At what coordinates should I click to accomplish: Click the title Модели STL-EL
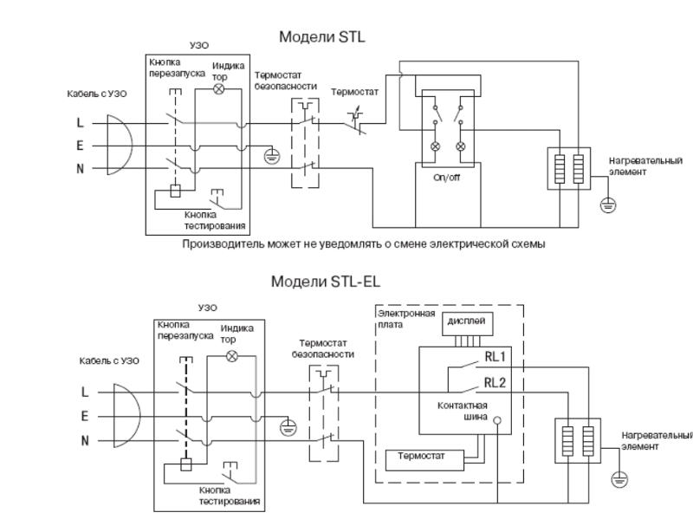click(x=325, y=282)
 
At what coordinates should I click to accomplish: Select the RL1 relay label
click(x=495, y=355)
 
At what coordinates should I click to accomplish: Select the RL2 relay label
click(x=495, y=382)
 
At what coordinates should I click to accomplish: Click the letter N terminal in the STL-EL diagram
click(x=86, y=440)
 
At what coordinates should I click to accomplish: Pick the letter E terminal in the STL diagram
click(x=81, y=146)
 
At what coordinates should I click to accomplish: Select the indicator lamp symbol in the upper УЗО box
click(x=219, y=88)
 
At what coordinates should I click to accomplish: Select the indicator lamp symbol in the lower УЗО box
click(x=230, y=357)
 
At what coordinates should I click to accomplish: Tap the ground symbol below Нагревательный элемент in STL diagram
click(x=607, y=207)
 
